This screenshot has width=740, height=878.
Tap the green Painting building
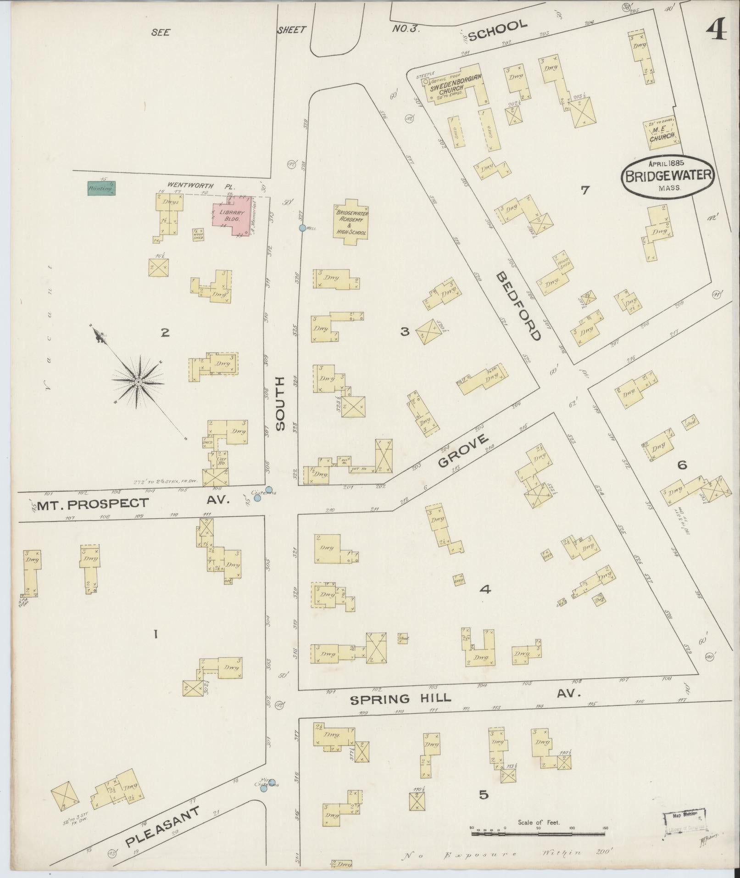tap(101, 188)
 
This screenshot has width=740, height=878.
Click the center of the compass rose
tap(138, 382)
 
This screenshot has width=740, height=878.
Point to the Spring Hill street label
tap(401, 712)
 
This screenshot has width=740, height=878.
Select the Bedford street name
tap(518, 306)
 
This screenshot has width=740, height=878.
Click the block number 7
tap(584, 190)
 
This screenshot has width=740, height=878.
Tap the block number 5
tap(484, 795)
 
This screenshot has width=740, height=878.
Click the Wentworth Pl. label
tap(201, 186)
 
